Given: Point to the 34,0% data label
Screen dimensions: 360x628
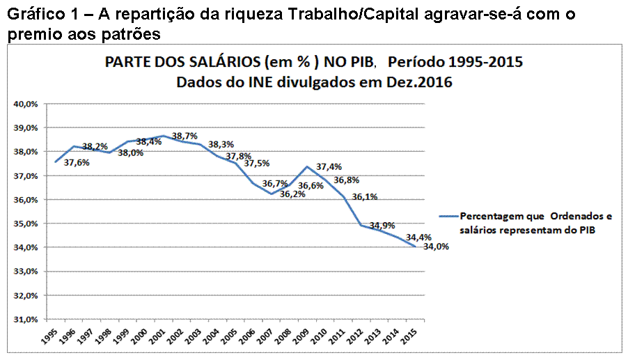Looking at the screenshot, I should pos(436,246).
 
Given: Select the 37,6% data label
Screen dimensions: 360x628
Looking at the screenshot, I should pos(77,163).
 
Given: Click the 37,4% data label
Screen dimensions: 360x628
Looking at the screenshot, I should pos(329,167).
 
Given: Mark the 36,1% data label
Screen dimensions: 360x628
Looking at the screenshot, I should pos(364,197).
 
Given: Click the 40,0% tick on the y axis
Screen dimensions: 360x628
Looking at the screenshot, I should pos(26,104).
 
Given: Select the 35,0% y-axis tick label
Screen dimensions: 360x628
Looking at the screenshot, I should pos(26,224).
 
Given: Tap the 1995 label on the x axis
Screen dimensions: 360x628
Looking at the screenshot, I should pos(49,336).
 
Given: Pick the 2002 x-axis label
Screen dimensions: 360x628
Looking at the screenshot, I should pos(175,336).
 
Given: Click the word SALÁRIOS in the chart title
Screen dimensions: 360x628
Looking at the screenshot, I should pos(199,62).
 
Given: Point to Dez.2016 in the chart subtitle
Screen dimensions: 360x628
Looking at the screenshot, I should pos(414,82).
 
